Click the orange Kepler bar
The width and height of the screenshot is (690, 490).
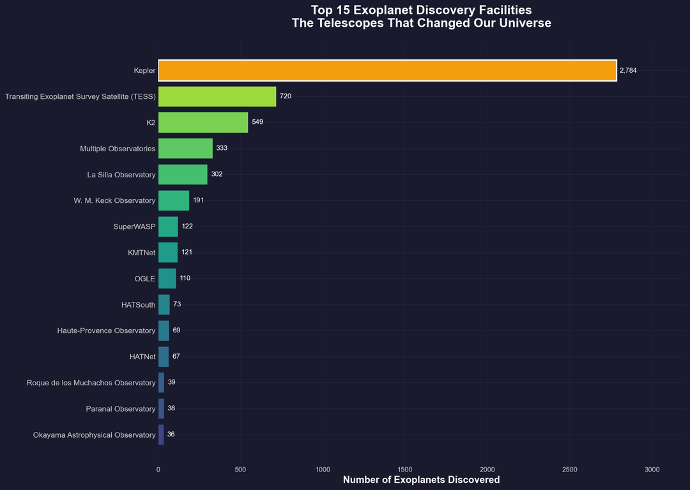point(387,70)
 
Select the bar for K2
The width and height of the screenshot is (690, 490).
point(203,122)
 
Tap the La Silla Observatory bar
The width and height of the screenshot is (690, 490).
point(183,174)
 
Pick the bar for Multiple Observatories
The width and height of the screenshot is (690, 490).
point(185,148)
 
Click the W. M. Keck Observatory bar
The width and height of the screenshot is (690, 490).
point(174,200)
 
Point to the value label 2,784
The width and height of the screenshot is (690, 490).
point(629,70)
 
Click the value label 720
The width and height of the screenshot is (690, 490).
point(286,96)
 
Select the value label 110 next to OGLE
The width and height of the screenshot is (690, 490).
point(185,279)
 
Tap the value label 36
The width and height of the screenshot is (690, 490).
point(171,435)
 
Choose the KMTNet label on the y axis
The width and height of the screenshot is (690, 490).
point(141,253)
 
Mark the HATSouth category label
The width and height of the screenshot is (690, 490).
point(138,305)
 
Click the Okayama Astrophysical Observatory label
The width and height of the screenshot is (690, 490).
point(94,435)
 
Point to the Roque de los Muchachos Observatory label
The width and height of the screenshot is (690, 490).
point(91,383)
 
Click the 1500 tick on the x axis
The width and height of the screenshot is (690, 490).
point(405,470)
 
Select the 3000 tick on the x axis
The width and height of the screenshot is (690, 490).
point(652,470)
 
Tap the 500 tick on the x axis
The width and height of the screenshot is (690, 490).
point(240,470)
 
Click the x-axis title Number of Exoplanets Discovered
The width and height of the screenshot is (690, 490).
point(421,480)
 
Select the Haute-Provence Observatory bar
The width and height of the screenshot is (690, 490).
point(164,330)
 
